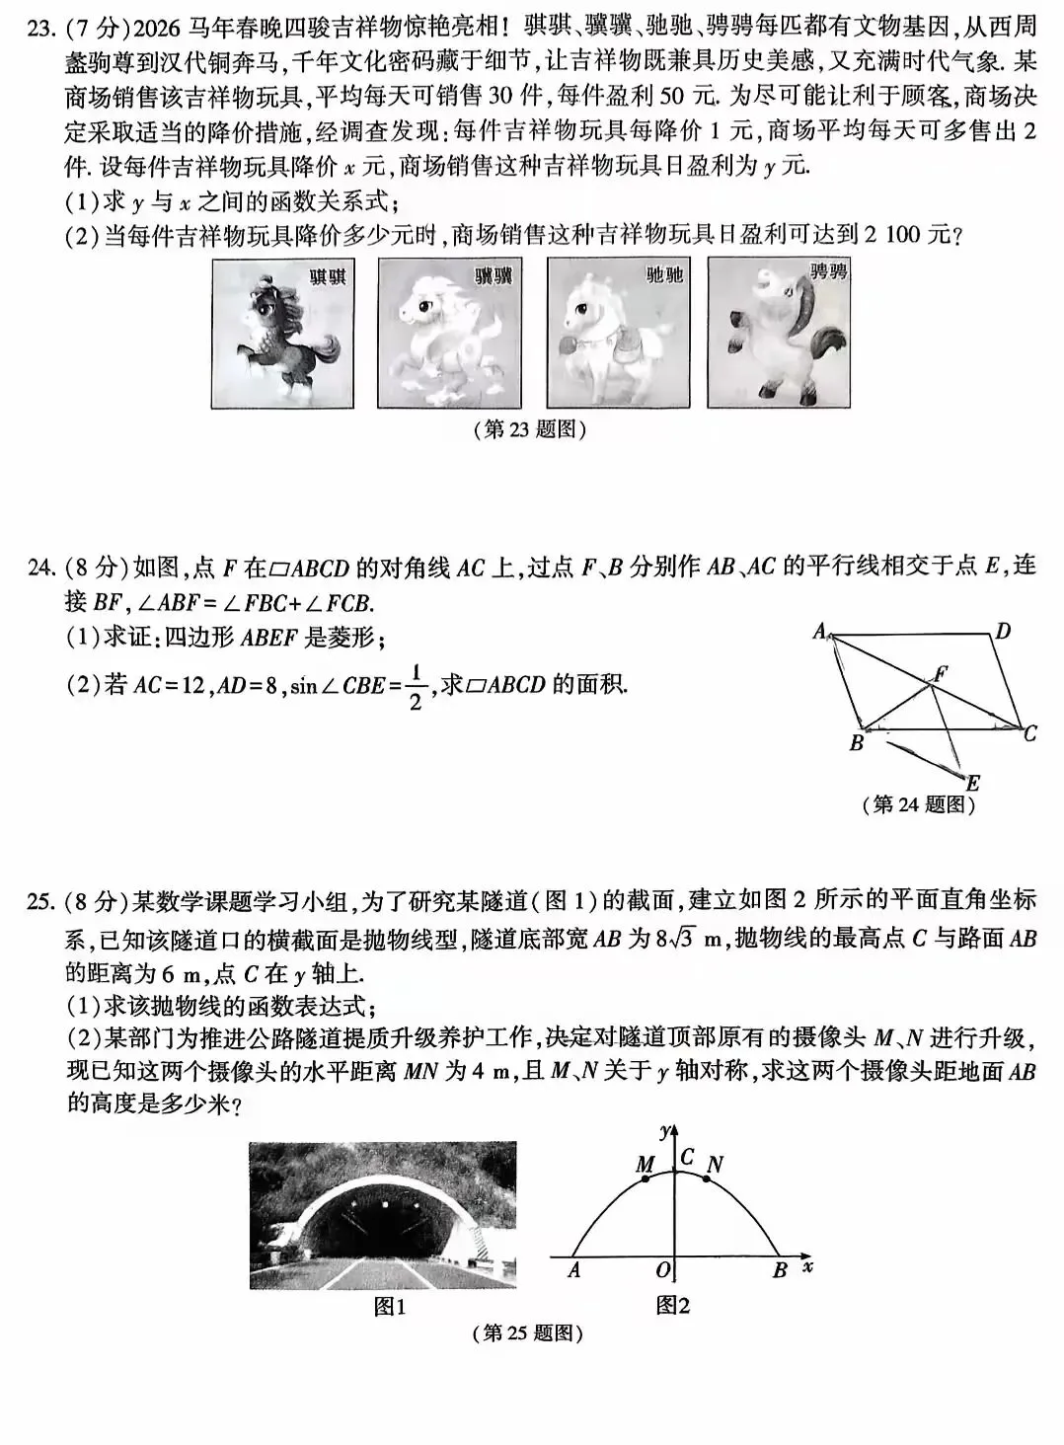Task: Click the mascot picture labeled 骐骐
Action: click(x=282, y=333)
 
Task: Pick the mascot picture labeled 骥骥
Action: click(x=448, y=333)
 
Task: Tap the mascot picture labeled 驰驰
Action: click(x=616, y=333)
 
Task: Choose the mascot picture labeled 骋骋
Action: click(x=779, y=333)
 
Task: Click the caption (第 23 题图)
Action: click(x=531, y=429)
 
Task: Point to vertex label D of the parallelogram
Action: click(x=1002, y=632)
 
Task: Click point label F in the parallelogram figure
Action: click(x=941, y=673)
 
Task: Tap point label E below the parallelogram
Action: click(x=972, y=784)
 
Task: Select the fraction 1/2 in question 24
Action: click(x=416, y=687)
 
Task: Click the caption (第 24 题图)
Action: click(x=918, y=805)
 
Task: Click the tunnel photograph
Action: click(x=383, y=1214)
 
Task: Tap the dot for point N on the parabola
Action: click(x=707, y=1179)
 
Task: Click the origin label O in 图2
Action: click(x=663, y=1269)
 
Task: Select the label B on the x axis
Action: click(x=779, y=1271)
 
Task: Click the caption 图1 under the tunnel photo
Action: click(x=390, y=1307)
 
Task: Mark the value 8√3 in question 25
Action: click(x=676, y=939)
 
